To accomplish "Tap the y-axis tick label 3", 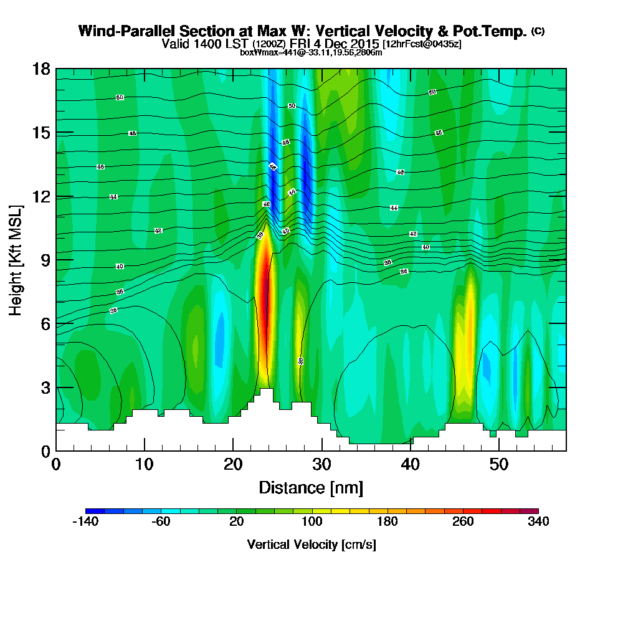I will (45, 388).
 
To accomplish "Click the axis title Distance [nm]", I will (311, 487).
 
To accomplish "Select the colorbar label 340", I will (538, 521).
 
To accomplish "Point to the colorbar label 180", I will (387, 521).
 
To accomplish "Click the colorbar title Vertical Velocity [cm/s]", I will (311, 545).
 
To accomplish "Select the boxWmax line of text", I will (311, 52).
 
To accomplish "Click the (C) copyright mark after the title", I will (538, 31).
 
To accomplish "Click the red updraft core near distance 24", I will (266, 305).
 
